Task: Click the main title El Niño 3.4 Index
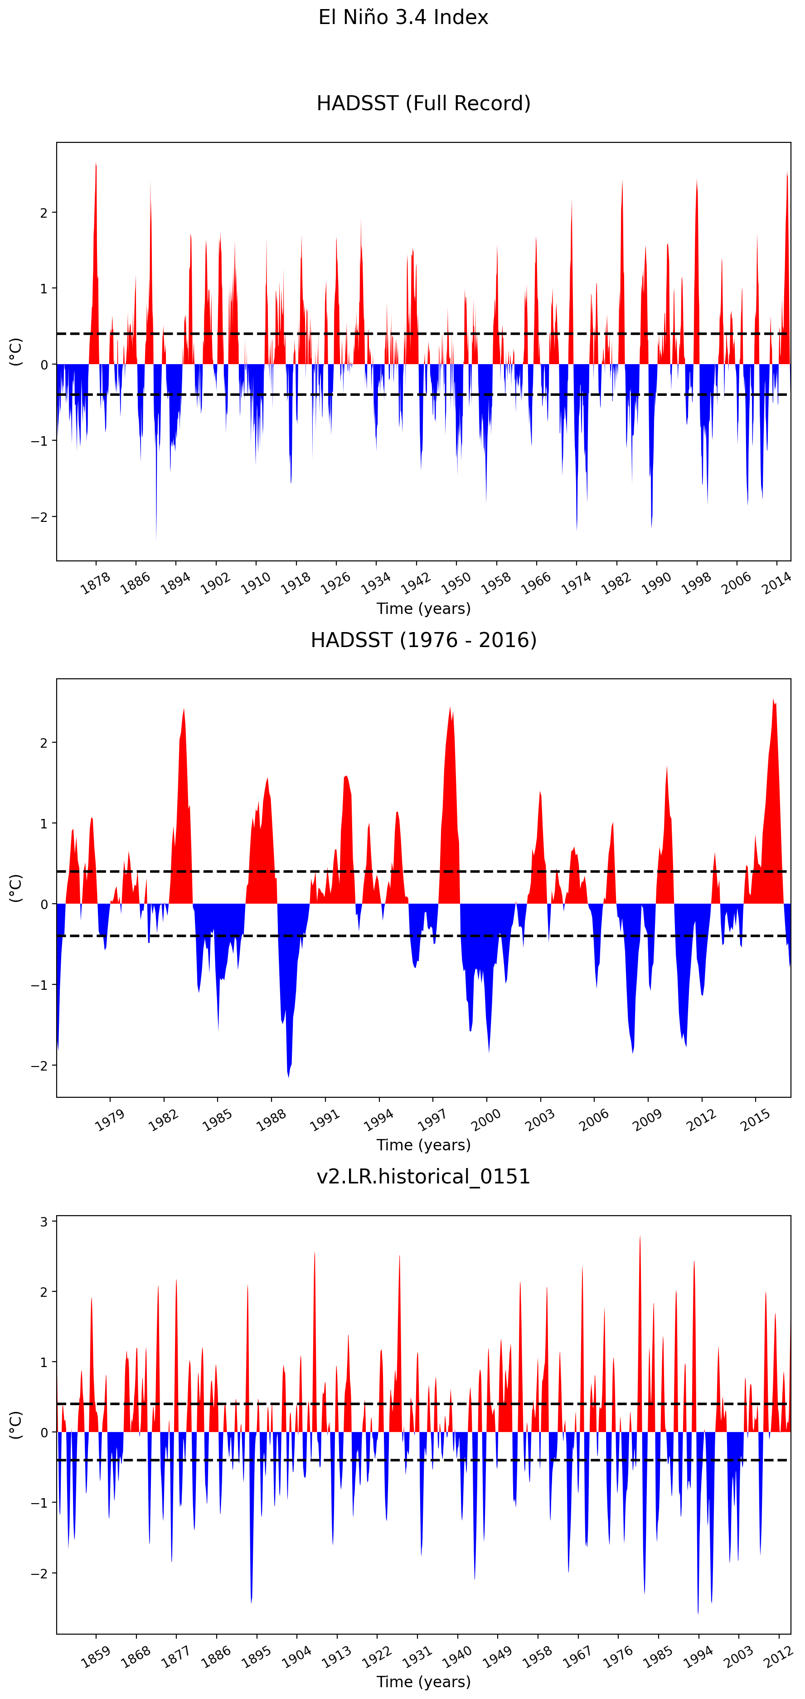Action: click(403, 17)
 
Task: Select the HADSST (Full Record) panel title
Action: click(423, 103)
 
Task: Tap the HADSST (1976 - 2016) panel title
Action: click(423, 640)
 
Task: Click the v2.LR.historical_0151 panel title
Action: click(423, 1176)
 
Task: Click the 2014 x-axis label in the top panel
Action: click(776, 583)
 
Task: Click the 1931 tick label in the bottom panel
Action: click(417, 1656)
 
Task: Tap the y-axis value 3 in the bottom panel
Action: click(44, 1222)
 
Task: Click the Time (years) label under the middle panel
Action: click(423, 1145)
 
